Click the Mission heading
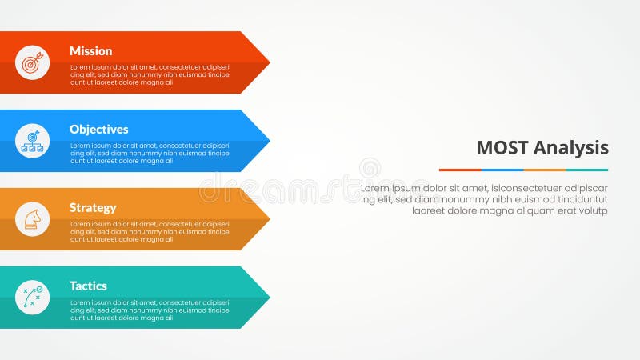click(90, 51)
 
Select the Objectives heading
click(98, 130)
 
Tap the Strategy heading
click(92, 208)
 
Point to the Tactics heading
click(88, 286)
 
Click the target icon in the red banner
click(32, 62)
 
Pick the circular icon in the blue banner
click(32, 141)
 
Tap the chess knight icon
click(32, 219)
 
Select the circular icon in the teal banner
click(32, 298)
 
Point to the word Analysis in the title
click(571, 148)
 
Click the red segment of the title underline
click(460, 170)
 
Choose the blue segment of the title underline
click(502, 170)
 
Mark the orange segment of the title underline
click(545, 170)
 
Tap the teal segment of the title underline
click(587, 170)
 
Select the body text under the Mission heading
click(150, 74)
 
